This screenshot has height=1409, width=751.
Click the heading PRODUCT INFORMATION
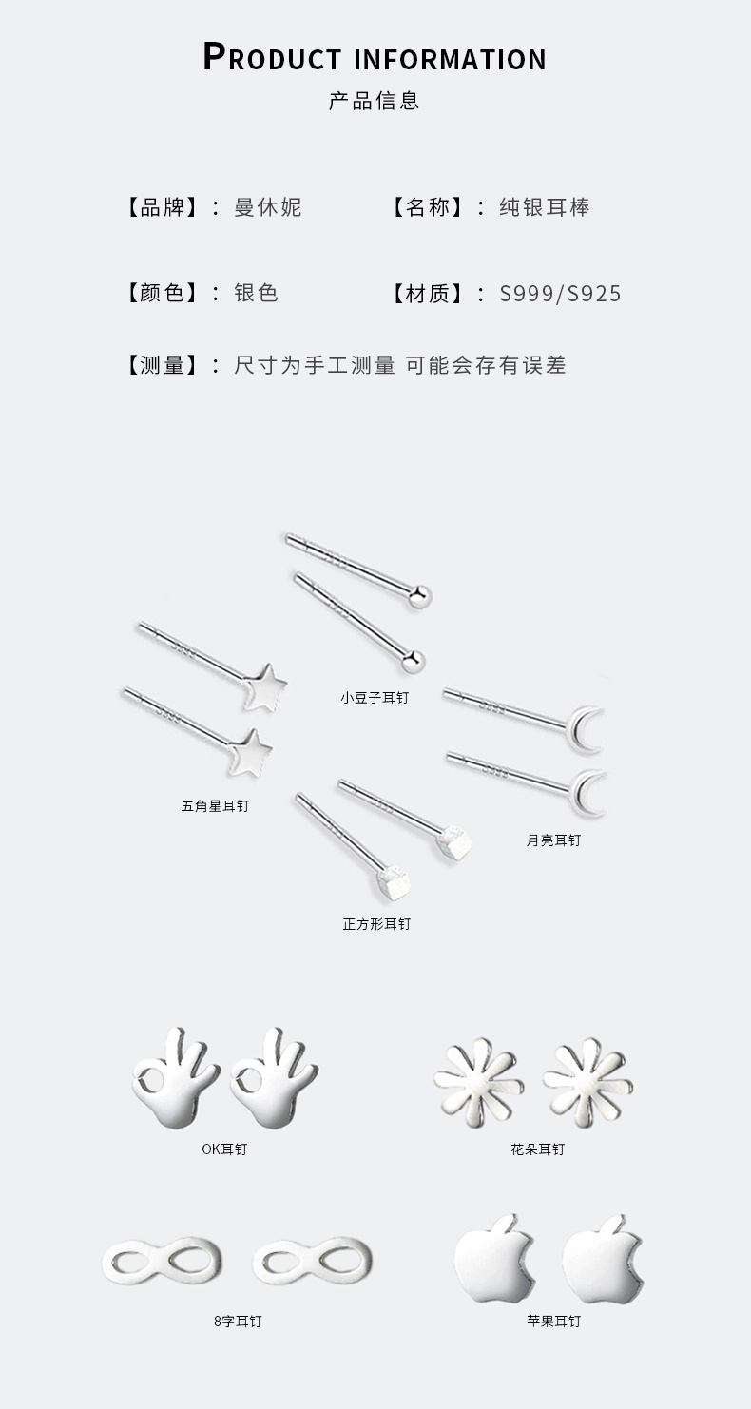pos(375,57)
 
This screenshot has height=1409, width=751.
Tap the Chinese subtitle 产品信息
pos(375,101)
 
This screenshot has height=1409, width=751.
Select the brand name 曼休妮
pos(268,207)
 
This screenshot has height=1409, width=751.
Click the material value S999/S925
pos(560,293)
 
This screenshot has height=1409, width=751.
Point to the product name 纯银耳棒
pos(545,207)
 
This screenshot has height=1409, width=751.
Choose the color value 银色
pos(256,293)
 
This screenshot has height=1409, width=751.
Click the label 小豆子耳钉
pos(375,698)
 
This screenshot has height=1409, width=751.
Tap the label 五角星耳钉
pos(215,806)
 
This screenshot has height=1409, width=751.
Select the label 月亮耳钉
pos(553,840)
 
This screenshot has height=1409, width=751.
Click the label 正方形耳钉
pos(376,924)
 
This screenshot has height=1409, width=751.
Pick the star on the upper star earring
pos(265,687)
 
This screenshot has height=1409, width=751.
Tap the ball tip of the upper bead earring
pos(419,596)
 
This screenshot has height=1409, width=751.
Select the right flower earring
pos(588,1082)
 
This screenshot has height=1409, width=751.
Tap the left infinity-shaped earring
pos(163,1261)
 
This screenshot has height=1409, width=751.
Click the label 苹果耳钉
pos(553,1322)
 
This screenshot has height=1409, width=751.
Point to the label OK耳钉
pos(224,1149)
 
